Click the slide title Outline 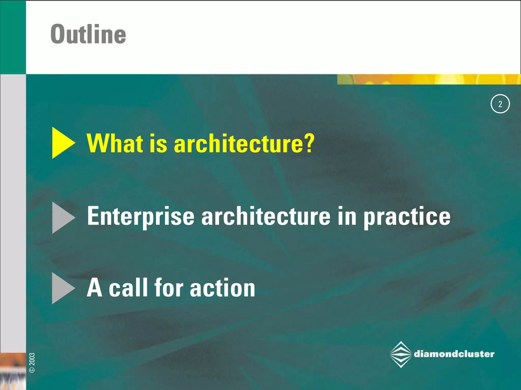[x=88, y=34]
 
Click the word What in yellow [x=114, y=143]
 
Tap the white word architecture [x=266, y=216]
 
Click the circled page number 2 [x=500, y=104]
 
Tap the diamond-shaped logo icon [x=401, y=354]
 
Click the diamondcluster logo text [x=454, y=354]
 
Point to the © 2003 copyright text [x=32, y=363]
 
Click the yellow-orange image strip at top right [x=429, y=79]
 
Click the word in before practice [x=347, y=216]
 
